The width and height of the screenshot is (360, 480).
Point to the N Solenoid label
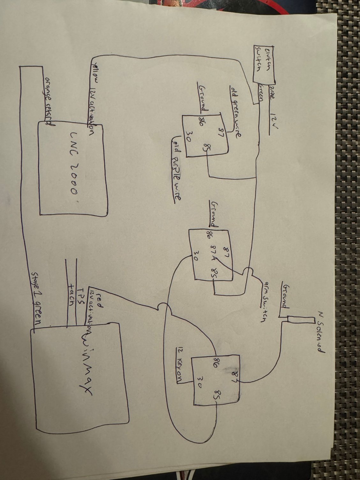point(320,332)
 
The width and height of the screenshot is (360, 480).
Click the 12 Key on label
point(179,365)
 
